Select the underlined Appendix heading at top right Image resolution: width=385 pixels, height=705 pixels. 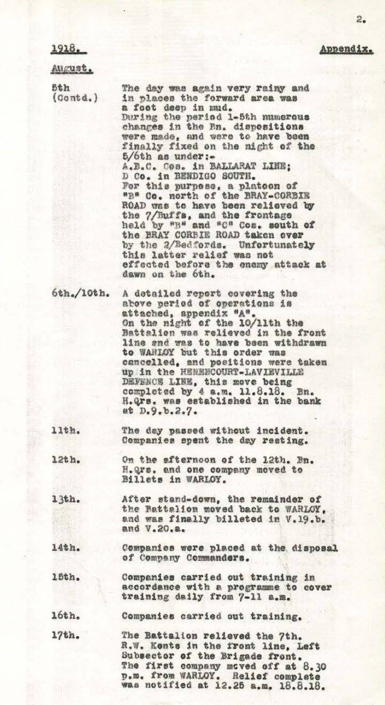point(346,50)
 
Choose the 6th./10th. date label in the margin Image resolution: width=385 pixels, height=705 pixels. point(81,294)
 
